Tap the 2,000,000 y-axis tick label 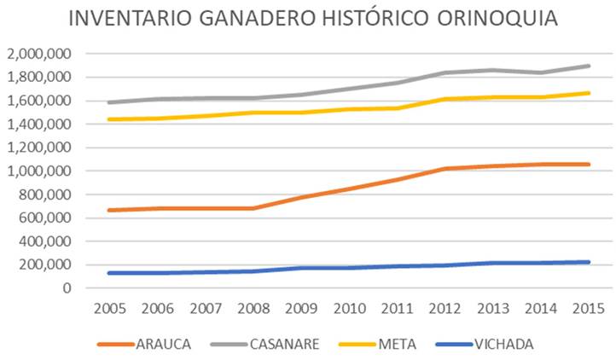click(40, 54)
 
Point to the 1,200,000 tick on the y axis click(40, 148)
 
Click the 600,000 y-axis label click(45, 218)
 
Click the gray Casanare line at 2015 click(590, 66)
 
